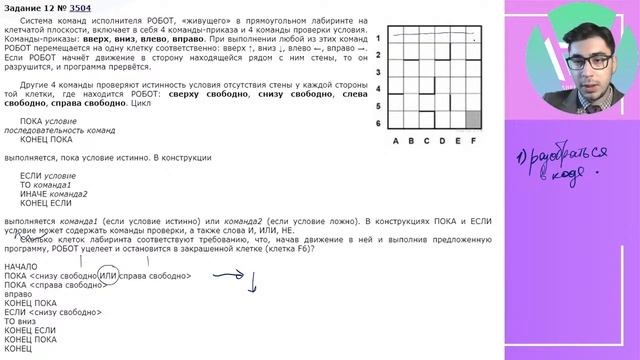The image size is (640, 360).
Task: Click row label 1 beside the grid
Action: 379,38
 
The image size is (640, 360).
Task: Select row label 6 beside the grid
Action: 379,122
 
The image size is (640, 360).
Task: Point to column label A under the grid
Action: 396,140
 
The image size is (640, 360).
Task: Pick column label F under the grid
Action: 473,140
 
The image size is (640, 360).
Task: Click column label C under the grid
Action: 427,140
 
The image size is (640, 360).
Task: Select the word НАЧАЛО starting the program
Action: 21,266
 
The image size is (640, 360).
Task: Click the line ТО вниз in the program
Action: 21,320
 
